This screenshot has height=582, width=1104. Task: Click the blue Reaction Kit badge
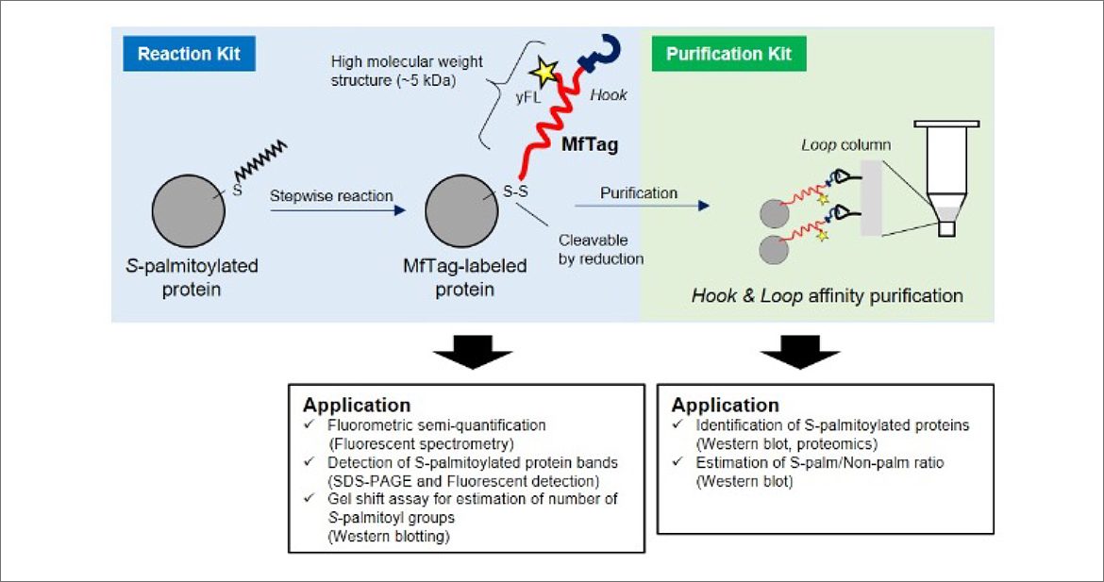pos(189,54)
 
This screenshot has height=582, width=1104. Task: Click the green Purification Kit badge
pos(728,54)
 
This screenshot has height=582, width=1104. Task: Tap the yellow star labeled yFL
pos(544,71)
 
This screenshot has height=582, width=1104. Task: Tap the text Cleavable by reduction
pos(601,249)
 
